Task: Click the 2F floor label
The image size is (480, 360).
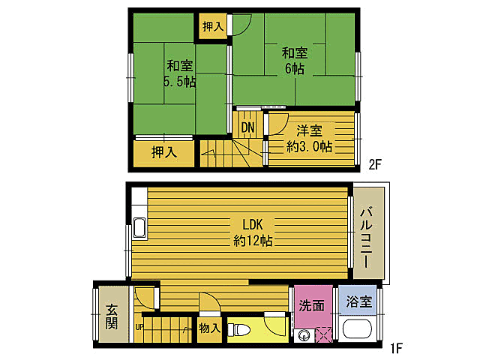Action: pyautogui.click(x=375, y=165)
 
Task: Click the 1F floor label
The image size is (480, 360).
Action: pyautogui.click(x=395, y=348)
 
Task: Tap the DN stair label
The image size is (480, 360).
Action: pyautogui.click(x=247, y=127)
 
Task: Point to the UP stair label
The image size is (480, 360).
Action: pyautogui.click(x=139, y=327)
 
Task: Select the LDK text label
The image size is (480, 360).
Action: pyautogui.click(x=253, y=225)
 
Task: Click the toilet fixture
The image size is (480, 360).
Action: pyautogui.click(x=238, y=330)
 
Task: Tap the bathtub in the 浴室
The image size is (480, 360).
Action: pyautogui.click(x=357, y=329)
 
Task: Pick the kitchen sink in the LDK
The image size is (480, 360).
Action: pyautogui.click(x=139, y=228)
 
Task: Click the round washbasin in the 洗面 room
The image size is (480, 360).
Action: pyautogui.click(x=304, y=335)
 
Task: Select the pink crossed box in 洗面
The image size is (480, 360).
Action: pyautogui.click(x=323, y=335)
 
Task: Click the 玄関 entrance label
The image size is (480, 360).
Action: pyautogui.click(x=112, y=316)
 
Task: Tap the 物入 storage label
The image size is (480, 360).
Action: pyautogui.click(x=210, y=328)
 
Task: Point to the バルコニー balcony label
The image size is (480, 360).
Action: pyautogui.click(x=367, y=238)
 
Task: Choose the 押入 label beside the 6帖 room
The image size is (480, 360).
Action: pyautogui.click(x=213, y=27)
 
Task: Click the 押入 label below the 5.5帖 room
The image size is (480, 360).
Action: pyautogui.click(x=164, y=152)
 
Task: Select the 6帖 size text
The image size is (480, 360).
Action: pyautogui.click(x=295, y=68)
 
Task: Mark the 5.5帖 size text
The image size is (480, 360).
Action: pyautogui.click(x=180, y=82)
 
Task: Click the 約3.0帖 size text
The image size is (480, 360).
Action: pyautogui.click(x=309, y=147)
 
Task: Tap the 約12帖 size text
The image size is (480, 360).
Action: pyautogui.click(x=253, y=241)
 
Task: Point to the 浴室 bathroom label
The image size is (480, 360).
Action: pyautogui.click(x=359, y=301)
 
